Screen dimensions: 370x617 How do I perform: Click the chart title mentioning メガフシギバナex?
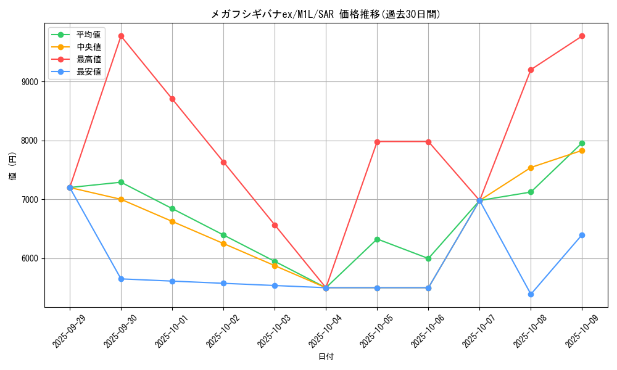(326, 14)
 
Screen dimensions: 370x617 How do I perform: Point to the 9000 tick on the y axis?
(30, 82)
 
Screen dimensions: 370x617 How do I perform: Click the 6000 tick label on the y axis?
(30, 259)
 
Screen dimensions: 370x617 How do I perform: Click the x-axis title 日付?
(326, 357)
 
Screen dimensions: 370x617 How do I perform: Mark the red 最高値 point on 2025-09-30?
(121, 36)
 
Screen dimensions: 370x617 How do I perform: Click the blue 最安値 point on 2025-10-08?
(531, 294)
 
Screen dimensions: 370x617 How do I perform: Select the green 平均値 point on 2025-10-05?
(377, 239)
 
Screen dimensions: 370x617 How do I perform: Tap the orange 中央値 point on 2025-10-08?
(531, 168)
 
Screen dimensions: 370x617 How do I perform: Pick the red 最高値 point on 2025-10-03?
(275, 225)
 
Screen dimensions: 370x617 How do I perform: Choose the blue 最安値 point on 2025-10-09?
(582, 235)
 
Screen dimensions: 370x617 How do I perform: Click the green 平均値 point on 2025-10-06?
(428, 258)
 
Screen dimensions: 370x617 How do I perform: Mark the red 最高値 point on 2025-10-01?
(172, 99)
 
